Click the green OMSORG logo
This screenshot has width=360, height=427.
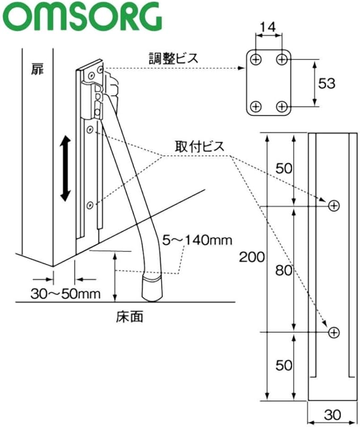tap(83, 16)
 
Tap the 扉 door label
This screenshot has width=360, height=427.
tap(37, 69)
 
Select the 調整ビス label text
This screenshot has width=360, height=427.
tap(173, 58)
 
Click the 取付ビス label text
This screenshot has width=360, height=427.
tap(200, 147)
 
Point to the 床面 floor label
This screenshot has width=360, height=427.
tap(129, 316)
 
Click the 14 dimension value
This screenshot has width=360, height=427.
tap(268, 27)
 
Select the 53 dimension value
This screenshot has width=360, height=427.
tap(327, 83)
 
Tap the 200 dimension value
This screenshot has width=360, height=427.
tap(252, 257)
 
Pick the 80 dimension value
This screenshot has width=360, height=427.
tap(284, 270)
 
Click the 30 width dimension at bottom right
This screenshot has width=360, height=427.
tap(332, 415)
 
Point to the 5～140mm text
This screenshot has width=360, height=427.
tap(197, 240)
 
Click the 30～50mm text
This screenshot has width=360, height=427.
tap(65, 294)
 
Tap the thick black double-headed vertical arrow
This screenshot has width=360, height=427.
tap(65, 169)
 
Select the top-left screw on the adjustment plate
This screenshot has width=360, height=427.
tap(256, 59)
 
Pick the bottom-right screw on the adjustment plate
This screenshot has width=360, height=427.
tap(282, 106)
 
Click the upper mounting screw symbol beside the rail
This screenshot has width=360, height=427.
tap(334, 206)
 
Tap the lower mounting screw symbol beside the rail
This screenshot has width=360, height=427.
tap(334, 333)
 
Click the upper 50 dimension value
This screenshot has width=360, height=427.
tap(284, 168)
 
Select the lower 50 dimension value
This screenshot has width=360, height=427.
tap(284, 365)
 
